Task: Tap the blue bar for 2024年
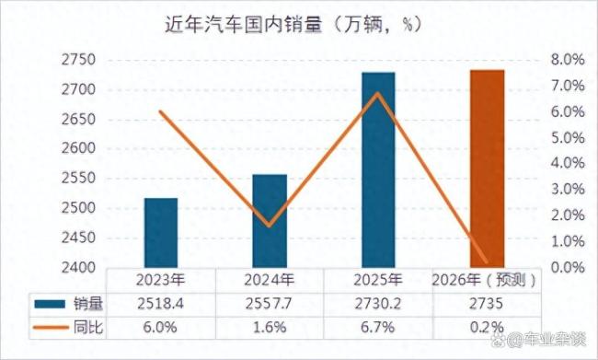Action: (270, 221)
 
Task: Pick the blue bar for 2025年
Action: (378, 170)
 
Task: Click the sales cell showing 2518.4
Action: (161, 303)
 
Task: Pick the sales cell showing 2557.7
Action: (270, 303)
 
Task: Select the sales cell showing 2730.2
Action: (378, 303)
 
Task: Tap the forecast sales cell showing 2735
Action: (487, 303)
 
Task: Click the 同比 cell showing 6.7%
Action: (378, 327)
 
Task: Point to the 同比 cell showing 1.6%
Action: (270, 327)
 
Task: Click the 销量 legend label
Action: (87, 303)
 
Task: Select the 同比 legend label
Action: (87, 327)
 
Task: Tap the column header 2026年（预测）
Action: (487, 279)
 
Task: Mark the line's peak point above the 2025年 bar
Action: (378, 94)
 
